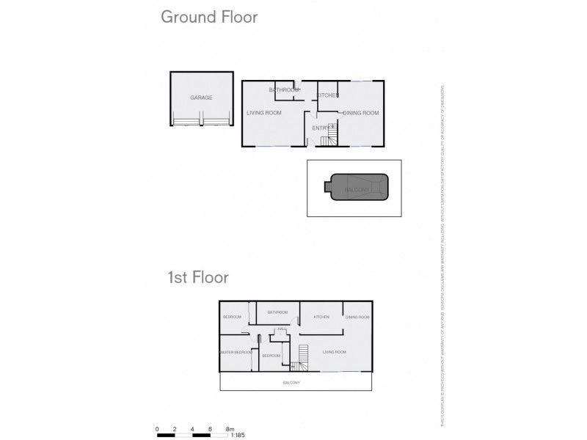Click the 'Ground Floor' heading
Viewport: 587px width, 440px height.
click(209, 18)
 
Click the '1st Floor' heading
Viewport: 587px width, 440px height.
click(198, 277)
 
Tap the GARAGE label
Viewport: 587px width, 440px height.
click(201, 98)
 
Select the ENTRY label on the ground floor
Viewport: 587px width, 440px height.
click(320, 128)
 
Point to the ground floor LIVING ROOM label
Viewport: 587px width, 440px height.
click(264, 113)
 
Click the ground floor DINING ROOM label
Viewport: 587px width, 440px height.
click(360, 113)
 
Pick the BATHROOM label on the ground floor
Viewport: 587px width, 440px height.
click(285, 90)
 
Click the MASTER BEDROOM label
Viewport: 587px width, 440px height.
click(236, 352)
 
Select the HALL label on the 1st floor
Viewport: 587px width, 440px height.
click(280, 330)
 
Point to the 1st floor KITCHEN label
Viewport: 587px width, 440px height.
click(321, 317)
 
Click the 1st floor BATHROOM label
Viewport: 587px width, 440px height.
click(277, 312)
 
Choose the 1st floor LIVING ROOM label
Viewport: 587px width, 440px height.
click(335, 352)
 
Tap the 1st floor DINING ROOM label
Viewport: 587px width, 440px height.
click(357, 317)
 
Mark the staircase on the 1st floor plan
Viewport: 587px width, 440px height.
click(296, 364)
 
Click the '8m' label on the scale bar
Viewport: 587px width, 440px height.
click(230, 428)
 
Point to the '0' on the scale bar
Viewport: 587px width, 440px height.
click(157, 428)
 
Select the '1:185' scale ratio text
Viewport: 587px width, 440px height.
click(238, 436)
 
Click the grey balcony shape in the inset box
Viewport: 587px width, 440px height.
click(354, 188)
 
